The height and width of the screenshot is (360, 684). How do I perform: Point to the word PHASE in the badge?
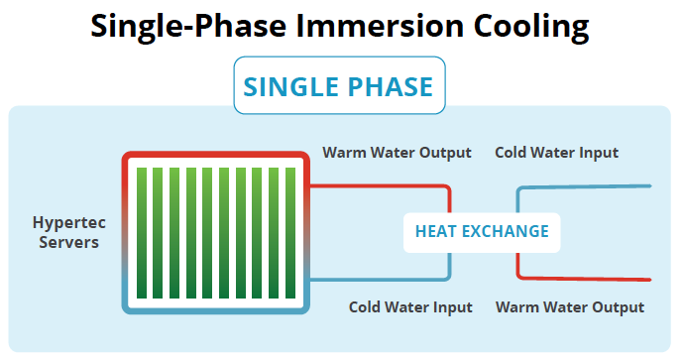391,87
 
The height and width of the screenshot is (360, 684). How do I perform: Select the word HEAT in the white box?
434,231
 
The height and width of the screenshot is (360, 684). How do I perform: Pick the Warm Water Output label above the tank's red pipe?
397,153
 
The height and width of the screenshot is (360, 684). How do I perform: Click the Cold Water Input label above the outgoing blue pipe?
556,153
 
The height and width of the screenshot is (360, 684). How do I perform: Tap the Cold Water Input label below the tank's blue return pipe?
410,306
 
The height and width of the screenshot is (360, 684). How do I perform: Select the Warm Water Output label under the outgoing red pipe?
569,306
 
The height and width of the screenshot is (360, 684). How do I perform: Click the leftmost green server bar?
142,233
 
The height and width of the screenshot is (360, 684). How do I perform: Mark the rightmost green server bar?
291,233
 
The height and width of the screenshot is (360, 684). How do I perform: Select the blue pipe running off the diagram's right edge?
595,185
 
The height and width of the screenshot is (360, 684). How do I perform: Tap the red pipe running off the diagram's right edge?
595,279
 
